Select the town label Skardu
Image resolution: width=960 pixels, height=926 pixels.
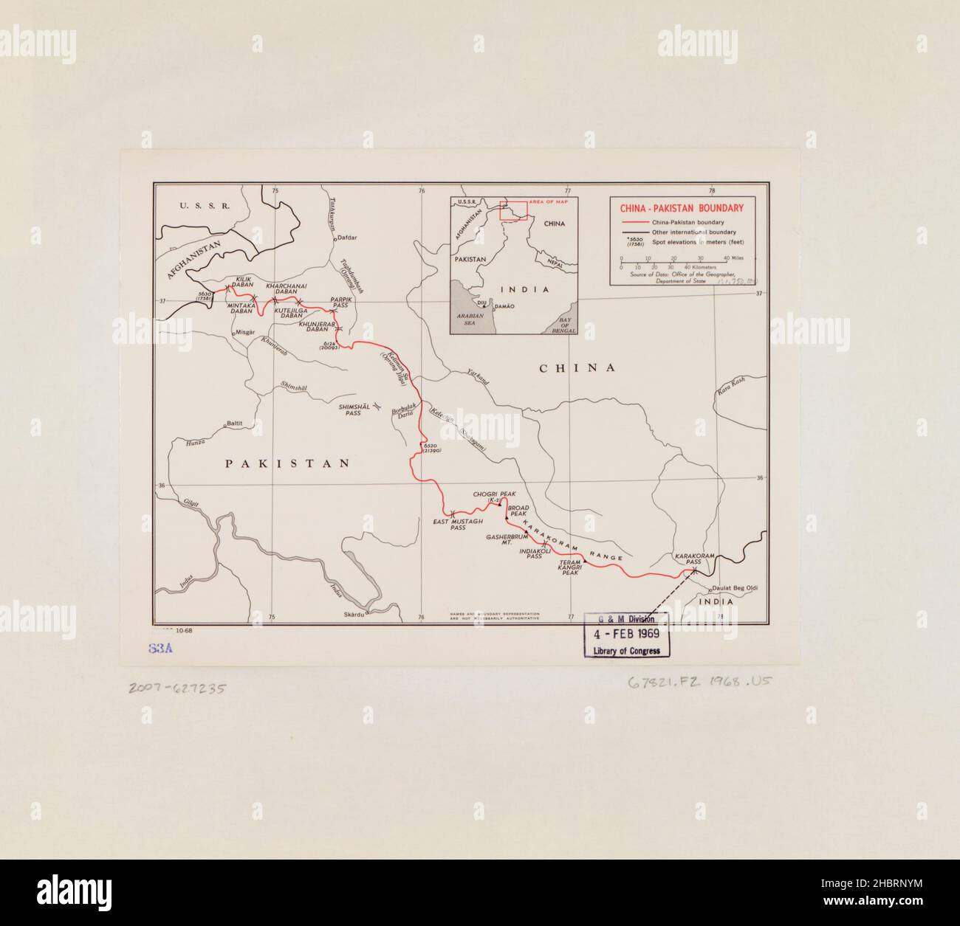354,615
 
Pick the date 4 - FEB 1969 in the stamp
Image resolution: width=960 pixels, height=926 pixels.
627,634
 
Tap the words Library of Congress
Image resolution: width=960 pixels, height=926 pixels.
627,651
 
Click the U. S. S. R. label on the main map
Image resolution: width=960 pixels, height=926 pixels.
205,206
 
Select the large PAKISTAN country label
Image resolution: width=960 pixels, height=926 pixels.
287,463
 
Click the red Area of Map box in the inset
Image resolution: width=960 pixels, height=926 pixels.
512,210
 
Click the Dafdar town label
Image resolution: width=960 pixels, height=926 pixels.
347,238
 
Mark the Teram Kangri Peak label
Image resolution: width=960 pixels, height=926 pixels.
572,569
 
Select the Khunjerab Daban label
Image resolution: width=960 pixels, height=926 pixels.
318,328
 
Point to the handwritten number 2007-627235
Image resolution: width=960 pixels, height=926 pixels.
177,688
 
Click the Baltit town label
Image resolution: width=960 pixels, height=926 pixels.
234,424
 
